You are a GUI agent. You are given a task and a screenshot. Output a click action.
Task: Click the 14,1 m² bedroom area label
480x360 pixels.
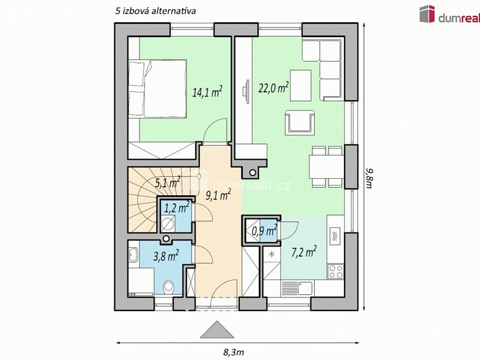[207, 92]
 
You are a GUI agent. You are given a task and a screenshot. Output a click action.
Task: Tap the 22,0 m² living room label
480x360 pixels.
[273, 88]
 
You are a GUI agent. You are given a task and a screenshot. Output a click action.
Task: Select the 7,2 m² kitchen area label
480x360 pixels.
[304, 252]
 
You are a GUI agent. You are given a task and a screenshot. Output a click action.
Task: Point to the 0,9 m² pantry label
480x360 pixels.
[264, 231]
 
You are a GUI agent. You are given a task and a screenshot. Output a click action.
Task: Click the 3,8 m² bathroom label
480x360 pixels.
[166, 256]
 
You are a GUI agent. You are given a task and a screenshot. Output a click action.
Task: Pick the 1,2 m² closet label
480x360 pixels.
[177, 208]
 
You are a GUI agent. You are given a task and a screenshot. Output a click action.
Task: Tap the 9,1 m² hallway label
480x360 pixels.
[218, 195]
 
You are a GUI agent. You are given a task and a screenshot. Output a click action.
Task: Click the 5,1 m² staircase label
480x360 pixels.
[167, 182]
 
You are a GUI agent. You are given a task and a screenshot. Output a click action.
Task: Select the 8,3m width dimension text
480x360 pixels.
[233, 352]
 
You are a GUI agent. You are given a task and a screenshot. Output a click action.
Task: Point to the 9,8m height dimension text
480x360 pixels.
[368, 178]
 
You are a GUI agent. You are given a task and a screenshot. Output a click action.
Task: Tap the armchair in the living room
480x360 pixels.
[299, 122]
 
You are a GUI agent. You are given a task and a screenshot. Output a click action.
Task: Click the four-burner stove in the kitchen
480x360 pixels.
[336, 271]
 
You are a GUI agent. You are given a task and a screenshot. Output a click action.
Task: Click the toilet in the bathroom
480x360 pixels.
[169, 288]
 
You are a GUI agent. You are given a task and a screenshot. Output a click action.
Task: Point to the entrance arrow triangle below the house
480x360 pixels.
[217, 329]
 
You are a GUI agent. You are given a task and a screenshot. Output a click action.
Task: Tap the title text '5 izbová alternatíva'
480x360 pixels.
[156, 11]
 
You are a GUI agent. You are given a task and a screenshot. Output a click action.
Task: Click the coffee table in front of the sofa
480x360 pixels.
[301, 85]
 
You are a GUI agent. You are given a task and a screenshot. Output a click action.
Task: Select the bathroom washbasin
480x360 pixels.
[134, 254]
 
